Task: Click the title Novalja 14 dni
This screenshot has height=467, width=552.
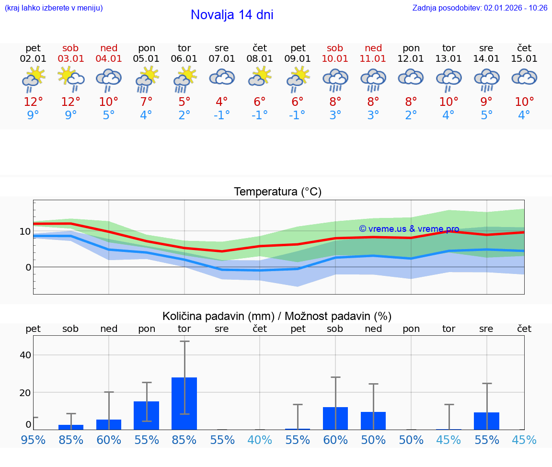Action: (232, 15)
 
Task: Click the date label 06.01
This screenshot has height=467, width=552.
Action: (184, 59)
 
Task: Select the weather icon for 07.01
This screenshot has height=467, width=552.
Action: (222, 78)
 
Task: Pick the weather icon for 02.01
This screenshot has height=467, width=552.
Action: (33, 80)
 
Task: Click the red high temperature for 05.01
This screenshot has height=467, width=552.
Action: (146, 102)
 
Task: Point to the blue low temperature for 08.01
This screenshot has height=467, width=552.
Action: (259, 115)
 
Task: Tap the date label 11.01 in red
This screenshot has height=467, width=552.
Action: (373, 59)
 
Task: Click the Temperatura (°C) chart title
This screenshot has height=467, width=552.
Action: (277, 192)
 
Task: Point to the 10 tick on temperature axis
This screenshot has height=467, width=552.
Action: (25, 231)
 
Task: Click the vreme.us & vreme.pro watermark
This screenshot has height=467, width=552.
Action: (409, 229)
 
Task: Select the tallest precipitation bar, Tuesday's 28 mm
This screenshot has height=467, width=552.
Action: (184, 403)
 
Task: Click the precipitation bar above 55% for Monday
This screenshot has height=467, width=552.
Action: (146, 415)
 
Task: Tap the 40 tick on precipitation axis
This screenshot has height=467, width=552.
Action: (25, 355)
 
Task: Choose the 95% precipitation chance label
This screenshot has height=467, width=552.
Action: (33, 440)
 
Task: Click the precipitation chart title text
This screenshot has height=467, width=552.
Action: (277, 316)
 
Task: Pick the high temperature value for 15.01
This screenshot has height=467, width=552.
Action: (524, 102)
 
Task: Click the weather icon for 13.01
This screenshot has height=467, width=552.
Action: (448, 80)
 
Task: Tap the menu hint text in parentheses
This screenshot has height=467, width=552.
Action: (54, 8)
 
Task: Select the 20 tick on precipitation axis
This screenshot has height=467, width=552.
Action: (25, 392)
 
